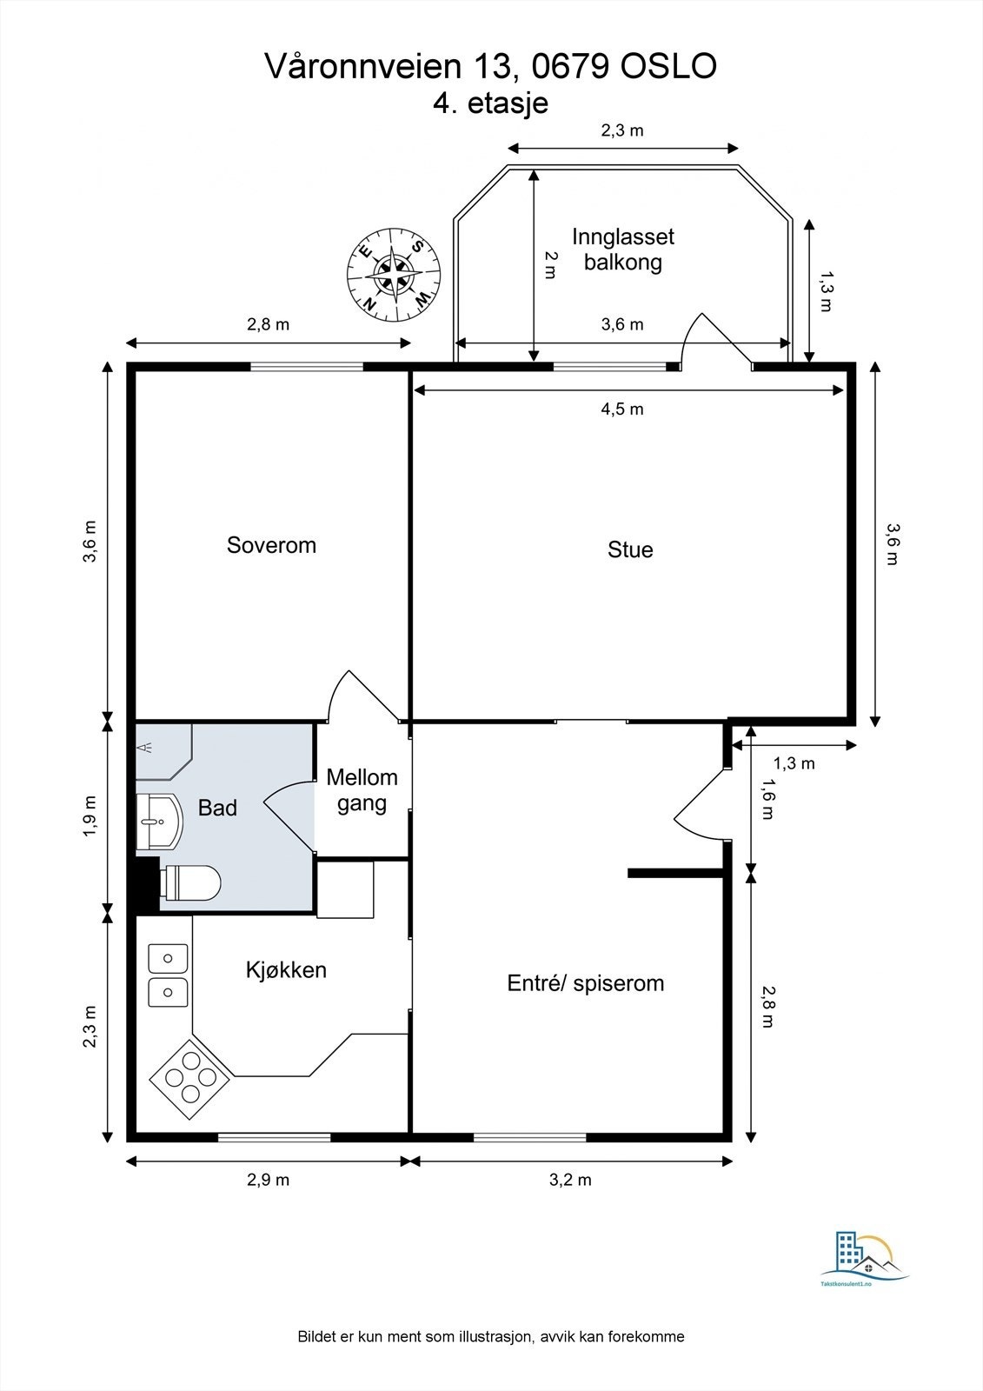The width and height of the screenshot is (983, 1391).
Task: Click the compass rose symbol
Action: [x=394, y=275]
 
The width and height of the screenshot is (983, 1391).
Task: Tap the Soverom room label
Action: [x=271, y=544]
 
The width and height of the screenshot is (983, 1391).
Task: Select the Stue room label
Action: [x=630, y=549]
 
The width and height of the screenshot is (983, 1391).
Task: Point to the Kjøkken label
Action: [x=286, y=969]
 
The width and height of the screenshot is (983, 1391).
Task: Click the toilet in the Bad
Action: [x=190, y=882]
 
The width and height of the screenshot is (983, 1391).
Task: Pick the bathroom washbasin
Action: [x=159, y=821]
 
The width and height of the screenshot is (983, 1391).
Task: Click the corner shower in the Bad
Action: [x=163, y=751]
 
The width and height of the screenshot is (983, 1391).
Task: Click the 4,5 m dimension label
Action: [x=622, y=409]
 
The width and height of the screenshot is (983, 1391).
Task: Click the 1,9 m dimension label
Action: [x=90, y=816]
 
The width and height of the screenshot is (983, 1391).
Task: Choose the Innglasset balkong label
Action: [x=623, y=249]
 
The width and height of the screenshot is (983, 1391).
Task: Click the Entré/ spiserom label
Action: [x=586, y=983]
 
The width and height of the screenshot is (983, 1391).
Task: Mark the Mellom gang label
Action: [x=362, y=790]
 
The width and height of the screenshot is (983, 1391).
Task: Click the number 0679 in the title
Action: [x=571, y=66]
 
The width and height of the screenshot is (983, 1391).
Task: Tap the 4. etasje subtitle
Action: [x=490, y=103]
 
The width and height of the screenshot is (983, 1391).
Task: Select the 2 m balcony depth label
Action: [x=550, y=265]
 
